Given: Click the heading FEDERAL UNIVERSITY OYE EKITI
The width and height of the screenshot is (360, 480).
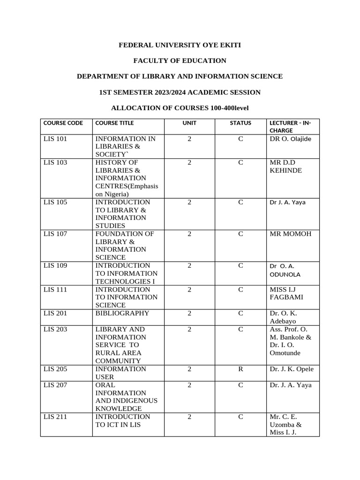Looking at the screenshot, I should click(x=180, y=45).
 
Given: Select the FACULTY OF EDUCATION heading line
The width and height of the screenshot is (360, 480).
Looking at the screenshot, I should click(x=180, y=60).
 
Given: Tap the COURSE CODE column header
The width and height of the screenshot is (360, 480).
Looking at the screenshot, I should click(x=63, y=123).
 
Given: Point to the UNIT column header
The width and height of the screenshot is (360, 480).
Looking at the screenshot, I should click(x=189, y=123).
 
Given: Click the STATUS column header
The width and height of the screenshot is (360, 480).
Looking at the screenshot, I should click(x=240, y=123).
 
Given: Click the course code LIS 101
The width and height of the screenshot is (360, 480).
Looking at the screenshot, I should click(x=55, y=139).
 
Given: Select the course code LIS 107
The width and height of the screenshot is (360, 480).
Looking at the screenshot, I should click(x=55, y=233).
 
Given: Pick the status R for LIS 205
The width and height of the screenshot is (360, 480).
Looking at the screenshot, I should click(x=240, y=369).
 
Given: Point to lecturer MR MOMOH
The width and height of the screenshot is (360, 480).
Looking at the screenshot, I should click(x=290, y=233).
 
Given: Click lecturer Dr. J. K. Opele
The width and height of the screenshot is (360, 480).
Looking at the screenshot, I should click(x=292, y=369).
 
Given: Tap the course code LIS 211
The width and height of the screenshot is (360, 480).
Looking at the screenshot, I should click(x=55, y=416).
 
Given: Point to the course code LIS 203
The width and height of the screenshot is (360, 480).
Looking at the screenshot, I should click(x=55, y=329).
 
